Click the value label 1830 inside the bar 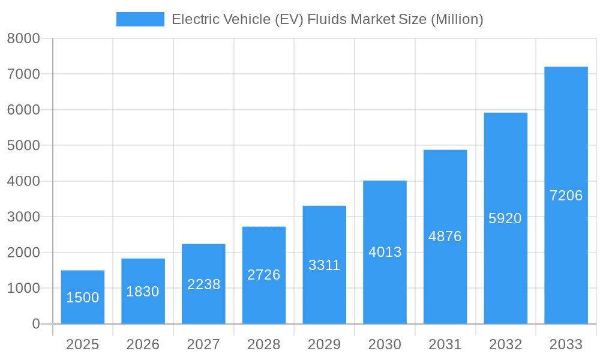143,292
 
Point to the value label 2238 203,284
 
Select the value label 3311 324,265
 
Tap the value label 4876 445,236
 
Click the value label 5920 505,218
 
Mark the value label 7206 566,196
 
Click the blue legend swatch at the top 140,19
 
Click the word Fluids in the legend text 326,19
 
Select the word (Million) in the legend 457,19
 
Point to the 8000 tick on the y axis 23,38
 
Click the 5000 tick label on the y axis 23,146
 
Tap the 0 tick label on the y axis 35,324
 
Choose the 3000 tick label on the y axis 23,217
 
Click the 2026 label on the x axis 143,344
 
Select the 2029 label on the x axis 324,344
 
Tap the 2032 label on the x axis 505,344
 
